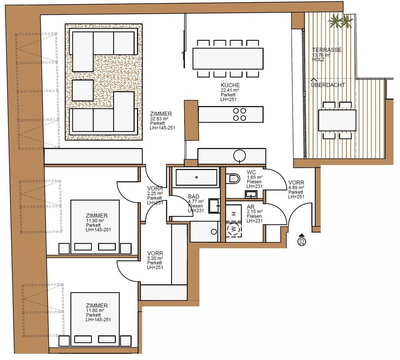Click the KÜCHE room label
230,85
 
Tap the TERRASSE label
327,50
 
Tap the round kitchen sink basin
239,156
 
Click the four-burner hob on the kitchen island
240,114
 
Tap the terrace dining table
337,120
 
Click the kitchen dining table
228,59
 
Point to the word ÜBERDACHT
328,85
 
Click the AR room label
250,207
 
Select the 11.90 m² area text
95,221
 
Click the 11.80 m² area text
95,310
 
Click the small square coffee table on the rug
83,90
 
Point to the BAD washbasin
214,206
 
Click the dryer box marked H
234,213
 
